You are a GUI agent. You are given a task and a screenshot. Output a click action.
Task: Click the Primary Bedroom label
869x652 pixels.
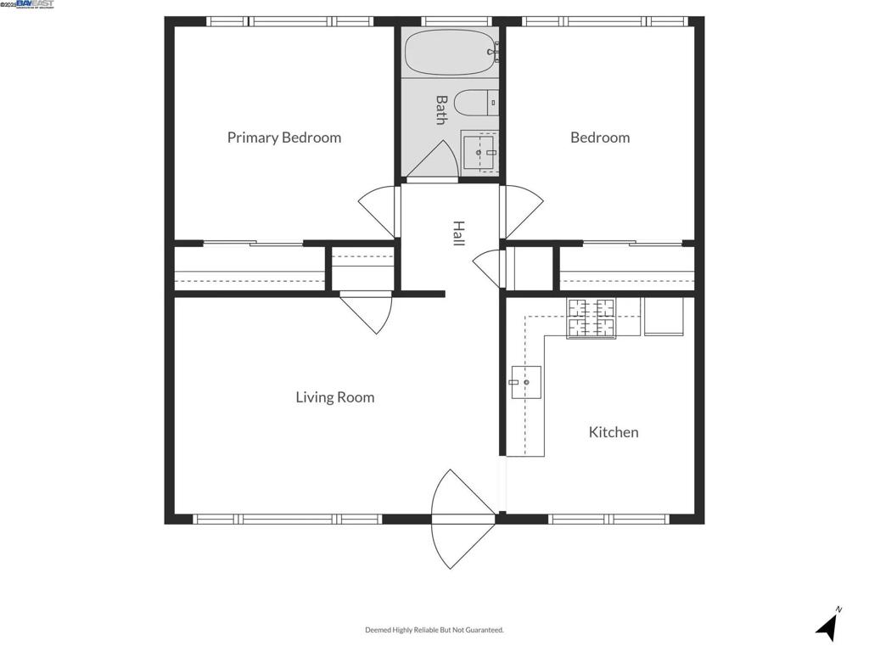pos(284,138)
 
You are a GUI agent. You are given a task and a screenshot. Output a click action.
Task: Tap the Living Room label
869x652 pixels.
pos(334,397)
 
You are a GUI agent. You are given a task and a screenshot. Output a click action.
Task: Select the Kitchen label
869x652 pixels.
pos(614,432)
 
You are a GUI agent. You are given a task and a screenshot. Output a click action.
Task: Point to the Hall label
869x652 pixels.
pos(458,233)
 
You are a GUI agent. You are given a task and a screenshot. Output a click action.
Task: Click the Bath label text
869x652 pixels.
pos(441,110)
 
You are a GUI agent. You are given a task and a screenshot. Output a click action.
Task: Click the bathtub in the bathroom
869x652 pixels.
pos(450,53)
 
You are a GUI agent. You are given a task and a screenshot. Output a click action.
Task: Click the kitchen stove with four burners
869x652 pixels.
pos(591,318)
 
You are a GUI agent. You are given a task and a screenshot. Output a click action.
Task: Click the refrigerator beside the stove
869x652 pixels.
pos(664,316)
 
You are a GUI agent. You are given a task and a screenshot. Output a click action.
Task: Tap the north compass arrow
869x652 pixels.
pos(828,627)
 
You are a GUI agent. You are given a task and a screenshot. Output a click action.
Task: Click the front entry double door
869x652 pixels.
pos(463,519)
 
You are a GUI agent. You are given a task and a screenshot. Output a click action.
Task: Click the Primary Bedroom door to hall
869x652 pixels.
pos(380,211)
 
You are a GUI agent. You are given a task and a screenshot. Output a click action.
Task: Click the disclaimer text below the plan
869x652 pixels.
pos(434,630)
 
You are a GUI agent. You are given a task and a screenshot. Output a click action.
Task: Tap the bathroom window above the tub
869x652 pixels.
pos(456,21)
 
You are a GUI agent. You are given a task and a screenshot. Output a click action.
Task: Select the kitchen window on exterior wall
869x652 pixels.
pos(608,519)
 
